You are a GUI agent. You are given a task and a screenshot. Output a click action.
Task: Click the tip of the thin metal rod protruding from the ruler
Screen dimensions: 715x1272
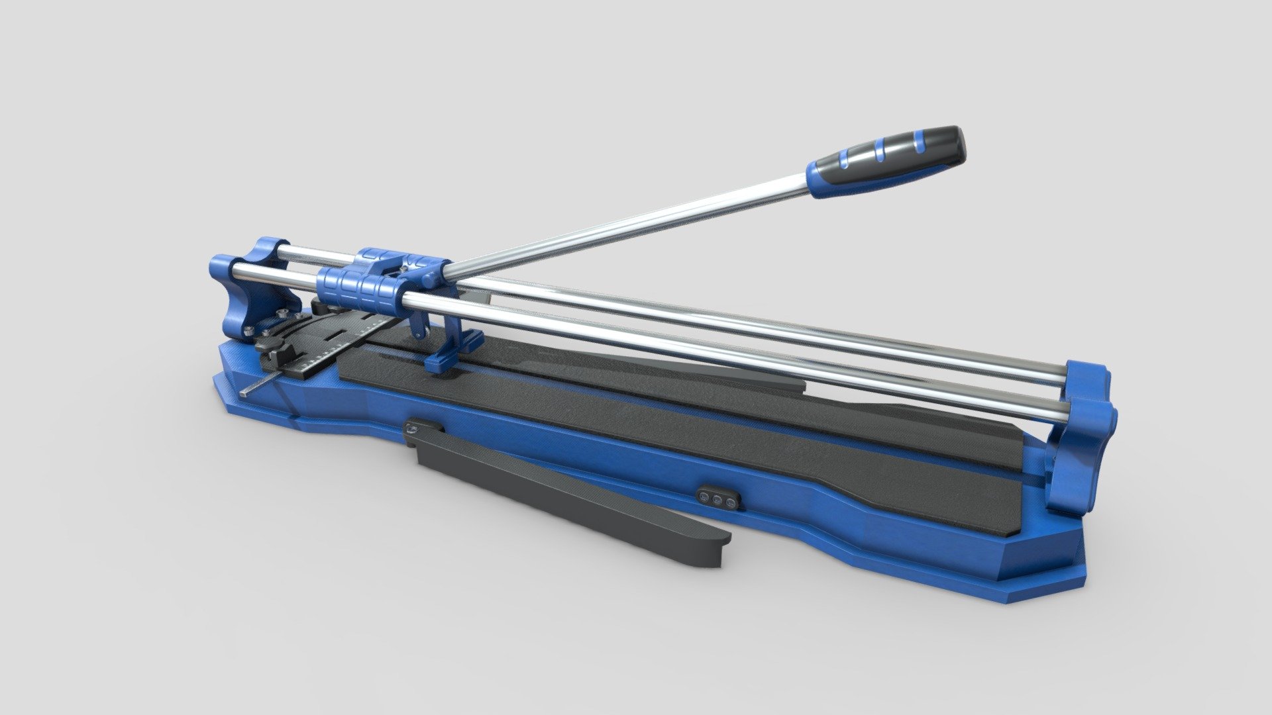pos(246,393)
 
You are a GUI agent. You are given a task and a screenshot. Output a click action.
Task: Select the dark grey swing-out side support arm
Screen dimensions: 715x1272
pos(563,490)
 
